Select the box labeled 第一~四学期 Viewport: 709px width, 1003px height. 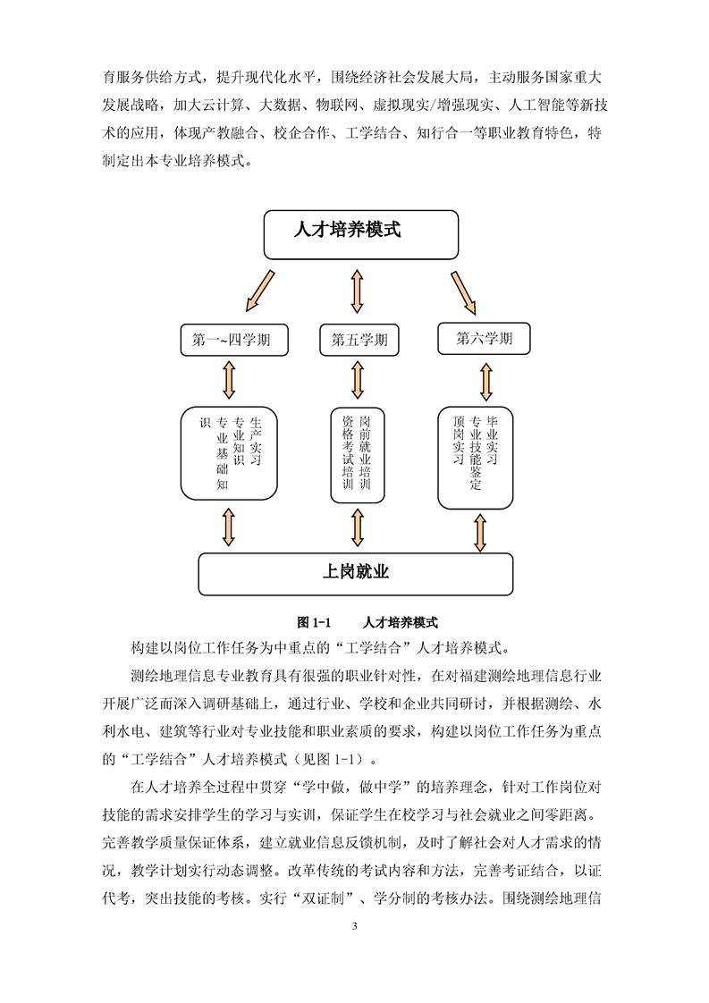[232, 341]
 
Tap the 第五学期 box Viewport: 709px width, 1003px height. [359, 341]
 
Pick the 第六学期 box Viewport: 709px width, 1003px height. [484, 339]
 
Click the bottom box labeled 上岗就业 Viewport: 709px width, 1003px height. [355, 573]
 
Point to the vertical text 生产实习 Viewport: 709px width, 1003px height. [256, 442]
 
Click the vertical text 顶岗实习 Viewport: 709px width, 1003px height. [458, 439]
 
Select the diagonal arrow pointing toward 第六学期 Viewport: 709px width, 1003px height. [465, 291]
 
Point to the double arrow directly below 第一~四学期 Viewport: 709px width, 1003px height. [228, 379]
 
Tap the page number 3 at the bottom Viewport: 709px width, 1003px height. [355, 926]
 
